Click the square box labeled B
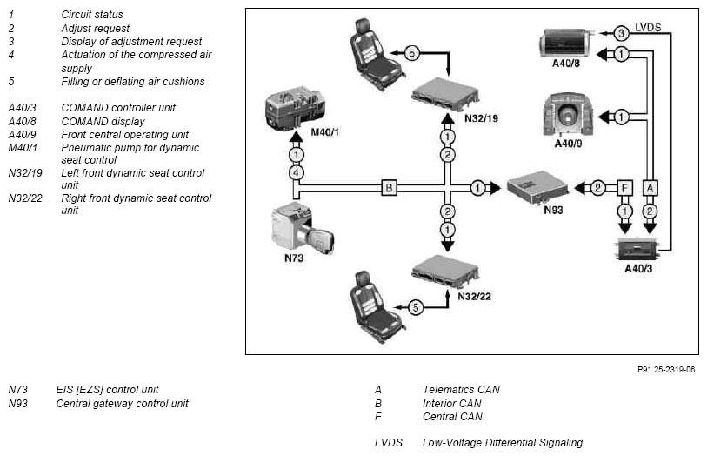click(389, 188)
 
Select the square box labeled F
click(624, 188)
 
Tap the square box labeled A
click(650, 188)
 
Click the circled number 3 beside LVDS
click(621, 32)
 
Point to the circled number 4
click(297, 173)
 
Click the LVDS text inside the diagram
click(648, 28)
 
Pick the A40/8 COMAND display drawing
click(566, 44)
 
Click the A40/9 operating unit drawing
click(568, 115)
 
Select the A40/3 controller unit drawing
click(638, 249)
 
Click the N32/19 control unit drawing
click(445, 94)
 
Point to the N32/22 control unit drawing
click(445, 272)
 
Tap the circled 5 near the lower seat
click(416, 307)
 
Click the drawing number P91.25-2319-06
click(666, 369)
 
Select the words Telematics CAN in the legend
click(461, 389)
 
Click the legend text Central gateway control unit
click(123, 403)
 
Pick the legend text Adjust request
click(95, 29)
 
